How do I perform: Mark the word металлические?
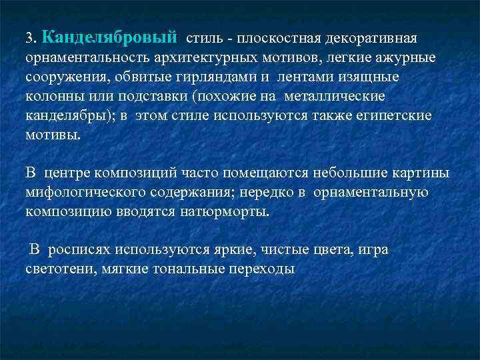(x=335, y=97)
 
